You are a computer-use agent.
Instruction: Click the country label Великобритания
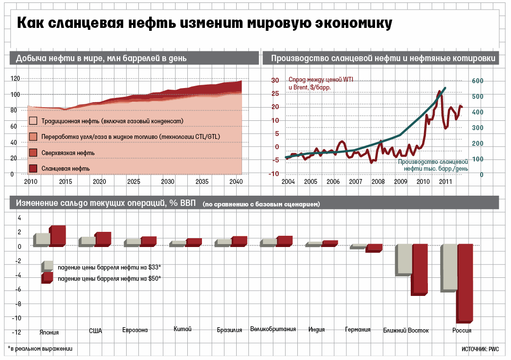coord(273,329)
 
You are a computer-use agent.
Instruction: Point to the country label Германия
coord(357,330)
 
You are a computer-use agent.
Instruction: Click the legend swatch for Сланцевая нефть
coord(33,168)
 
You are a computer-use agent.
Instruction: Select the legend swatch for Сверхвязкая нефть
coord(33,153)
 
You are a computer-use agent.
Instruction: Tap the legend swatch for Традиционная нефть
coord(33,120)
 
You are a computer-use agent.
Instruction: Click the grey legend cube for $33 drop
coord(47,266)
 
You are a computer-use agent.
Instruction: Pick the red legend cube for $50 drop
coord(47,277)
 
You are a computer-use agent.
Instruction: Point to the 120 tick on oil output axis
coord(15,78)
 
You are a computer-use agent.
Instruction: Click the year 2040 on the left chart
coord(236,182)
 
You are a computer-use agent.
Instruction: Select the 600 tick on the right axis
coord(477,81)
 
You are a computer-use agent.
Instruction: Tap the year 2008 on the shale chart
coord(378,182)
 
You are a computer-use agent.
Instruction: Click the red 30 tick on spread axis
coord(275,81)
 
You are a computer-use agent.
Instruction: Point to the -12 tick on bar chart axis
coord(17,333)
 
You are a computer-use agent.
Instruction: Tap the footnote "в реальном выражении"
coord(41,349)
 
